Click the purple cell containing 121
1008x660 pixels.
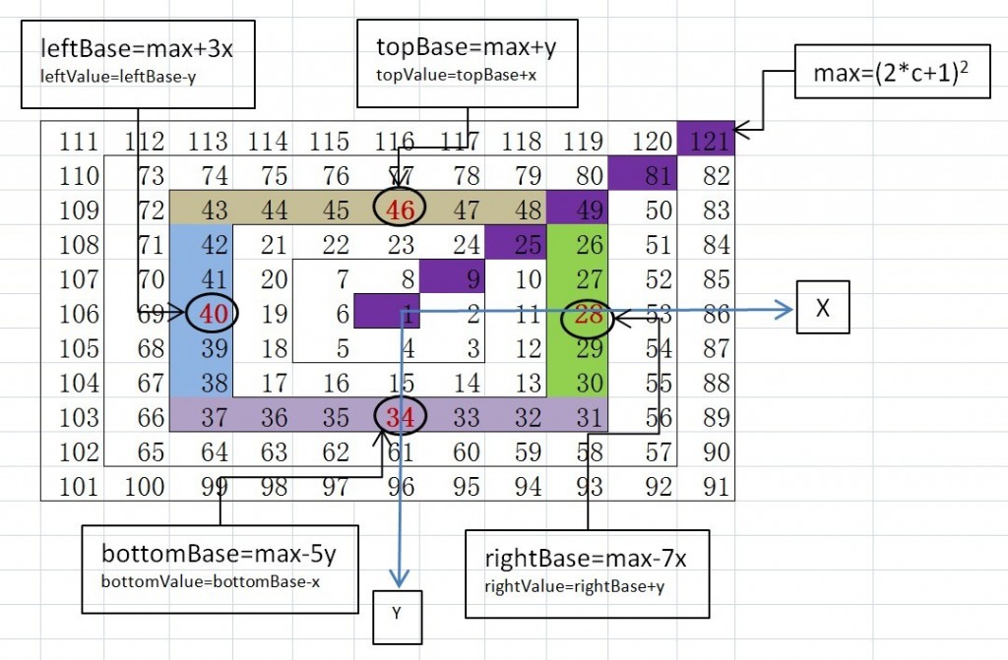[707, 142]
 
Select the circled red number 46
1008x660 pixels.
[400, 210]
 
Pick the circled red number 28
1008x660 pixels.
[589, 318]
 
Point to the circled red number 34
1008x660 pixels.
[400, 418]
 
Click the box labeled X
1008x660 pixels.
[823, 309]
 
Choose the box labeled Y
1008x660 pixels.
[398, 614]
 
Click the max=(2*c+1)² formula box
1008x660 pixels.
[885, 73]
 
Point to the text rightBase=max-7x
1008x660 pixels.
[586, 559]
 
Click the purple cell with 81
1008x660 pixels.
[643, 176]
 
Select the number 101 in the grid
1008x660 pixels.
[79, 487]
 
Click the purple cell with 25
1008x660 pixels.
[521, 243]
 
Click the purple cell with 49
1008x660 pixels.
[581, 210]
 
